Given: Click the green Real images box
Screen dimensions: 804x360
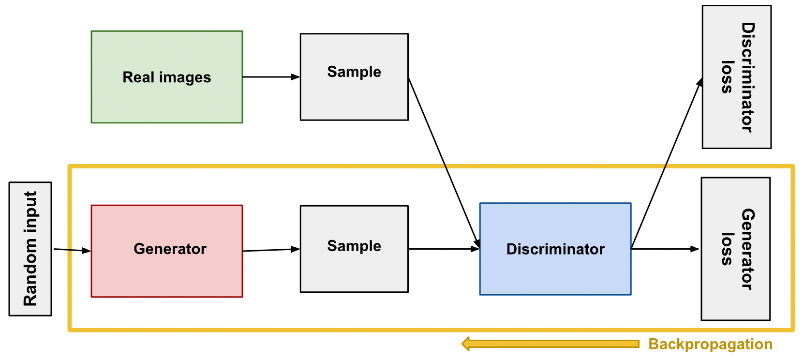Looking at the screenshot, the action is click(x=167, y=77).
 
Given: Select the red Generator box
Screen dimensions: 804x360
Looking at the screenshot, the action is click(x=167, y=251).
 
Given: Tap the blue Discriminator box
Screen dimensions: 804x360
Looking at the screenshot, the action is click(x=555, y=249).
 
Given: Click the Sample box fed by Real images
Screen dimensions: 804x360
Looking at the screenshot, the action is click(x=354, y=77).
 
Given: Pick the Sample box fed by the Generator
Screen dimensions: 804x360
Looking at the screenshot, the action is click(x=354, y=249).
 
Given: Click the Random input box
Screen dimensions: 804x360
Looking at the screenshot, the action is click(x=30, y=249).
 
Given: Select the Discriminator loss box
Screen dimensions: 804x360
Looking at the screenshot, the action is click(x=737, y=77).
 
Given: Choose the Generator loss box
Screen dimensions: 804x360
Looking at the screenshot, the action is click(x=736, y=249).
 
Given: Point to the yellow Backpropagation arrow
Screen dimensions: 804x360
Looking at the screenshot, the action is click(x=550, y=344).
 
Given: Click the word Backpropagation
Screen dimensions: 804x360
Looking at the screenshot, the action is click(x=710, y=344).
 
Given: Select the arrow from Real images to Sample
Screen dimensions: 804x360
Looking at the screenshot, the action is click(x=271, y=77).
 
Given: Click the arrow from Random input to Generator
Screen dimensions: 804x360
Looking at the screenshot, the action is click(x=72, y=250).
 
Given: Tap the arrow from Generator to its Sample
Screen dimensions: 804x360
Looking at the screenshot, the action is click(x=271, y=250).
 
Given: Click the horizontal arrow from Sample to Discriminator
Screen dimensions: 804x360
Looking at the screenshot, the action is click(x=444, y=249).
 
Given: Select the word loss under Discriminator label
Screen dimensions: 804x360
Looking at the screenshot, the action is click(x=727, y=77).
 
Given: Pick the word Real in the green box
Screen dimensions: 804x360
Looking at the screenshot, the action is click(x=138, y=77).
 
